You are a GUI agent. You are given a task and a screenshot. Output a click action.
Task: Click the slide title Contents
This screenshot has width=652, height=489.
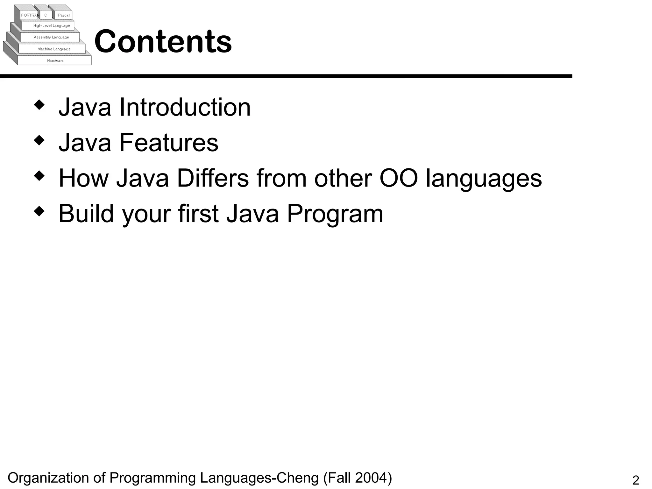[163, 41]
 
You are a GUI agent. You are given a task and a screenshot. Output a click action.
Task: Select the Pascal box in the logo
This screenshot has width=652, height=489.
[64, 15]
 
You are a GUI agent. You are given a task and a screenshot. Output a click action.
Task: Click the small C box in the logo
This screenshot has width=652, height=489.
[46, 15]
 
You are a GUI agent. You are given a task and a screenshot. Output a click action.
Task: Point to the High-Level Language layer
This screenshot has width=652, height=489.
[52, 25]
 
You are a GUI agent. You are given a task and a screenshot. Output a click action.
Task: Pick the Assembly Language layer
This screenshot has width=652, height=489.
[51, 37]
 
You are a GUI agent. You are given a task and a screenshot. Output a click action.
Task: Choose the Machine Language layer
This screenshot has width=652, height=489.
[54, 49]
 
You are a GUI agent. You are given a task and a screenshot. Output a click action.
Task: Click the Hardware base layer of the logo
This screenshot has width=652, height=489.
[55, 60]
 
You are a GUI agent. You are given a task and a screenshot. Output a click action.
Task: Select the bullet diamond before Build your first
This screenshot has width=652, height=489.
[39, 211]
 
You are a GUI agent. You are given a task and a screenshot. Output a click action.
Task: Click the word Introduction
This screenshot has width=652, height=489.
[185, 107]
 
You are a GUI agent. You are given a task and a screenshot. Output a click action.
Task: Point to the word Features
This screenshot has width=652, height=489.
[169, 143]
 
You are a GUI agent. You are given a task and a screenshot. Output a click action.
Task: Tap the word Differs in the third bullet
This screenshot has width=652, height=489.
[213, 178]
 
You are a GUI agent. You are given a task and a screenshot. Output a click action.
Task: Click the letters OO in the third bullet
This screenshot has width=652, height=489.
[399, 178]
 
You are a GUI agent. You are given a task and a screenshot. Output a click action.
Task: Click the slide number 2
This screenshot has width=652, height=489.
[635, 480]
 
